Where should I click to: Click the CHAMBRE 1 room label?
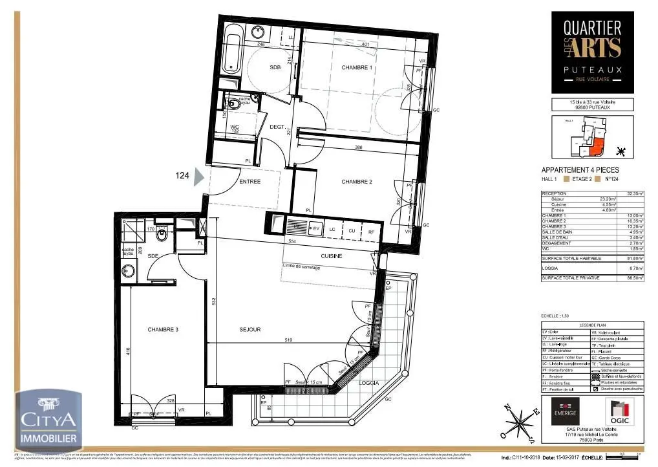coord(357,67)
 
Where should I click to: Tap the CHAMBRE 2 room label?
coord(357,182)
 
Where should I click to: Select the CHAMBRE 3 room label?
coord(163,329)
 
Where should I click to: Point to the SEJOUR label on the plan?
coord(249,329)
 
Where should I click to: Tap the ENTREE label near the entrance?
coord(249,182)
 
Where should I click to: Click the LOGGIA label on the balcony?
coord(368,383)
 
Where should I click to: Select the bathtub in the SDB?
coord(231,46)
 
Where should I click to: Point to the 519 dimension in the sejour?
coord(290,340)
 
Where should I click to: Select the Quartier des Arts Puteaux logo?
coord(592,50)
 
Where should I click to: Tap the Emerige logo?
coord(565,412)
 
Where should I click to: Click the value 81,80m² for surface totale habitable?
coord(637,258)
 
